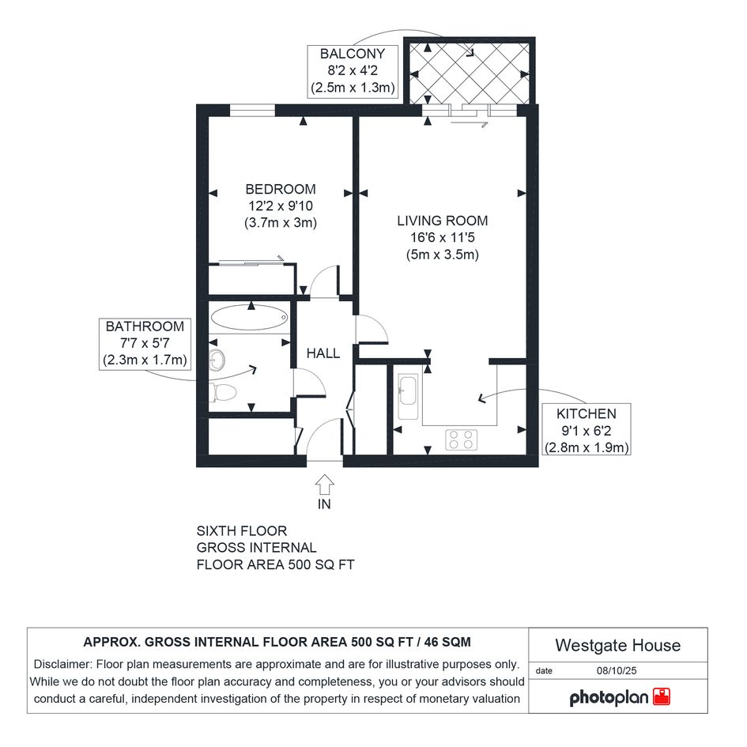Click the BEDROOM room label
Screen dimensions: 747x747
click(x=280, y=189)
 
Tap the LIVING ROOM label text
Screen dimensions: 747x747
click(x=443, y=221)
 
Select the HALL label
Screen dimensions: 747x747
click(x=323, y=353)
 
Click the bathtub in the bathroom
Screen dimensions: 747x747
click(x=249, y=317)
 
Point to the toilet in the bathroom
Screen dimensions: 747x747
click(x=223, y=392)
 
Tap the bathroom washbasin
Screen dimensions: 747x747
click(x=217, y=359)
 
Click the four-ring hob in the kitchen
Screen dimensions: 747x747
click(x=461, y=440)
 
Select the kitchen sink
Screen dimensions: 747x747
click(x=408, y=397)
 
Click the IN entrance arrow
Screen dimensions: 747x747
click(x=324, y=485)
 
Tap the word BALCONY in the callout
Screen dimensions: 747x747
click(x=352, y=54)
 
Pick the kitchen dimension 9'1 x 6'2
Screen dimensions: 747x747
click(x=586, y=431)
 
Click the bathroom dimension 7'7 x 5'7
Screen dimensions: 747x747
click(x=145, y=343)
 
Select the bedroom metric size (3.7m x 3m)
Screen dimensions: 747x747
click(x=281, y=222)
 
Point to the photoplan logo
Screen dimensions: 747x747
click(x=620, y=697)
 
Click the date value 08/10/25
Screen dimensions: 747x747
click(x=617, y=670)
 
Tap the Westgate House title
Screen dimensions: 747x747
click(x=618, y=645)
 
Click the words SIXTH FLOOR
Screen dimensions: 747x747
click(x=242, y=530)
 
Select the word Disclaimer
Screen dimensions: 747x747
click(x=62, y=664)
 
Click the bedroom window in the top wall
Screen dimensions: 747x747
click(x=252, y=111)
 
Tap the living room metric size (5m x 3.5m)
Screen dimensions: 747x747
click(x=443, y=255)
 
